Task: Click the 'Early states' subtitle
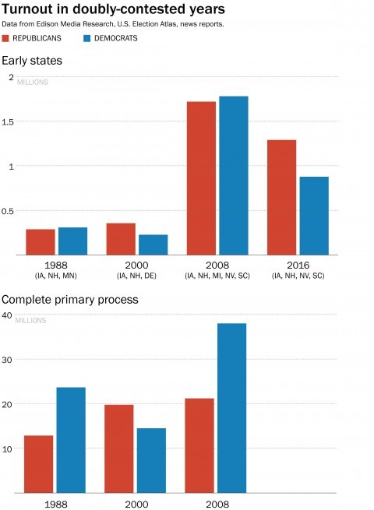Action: tap(32, 61)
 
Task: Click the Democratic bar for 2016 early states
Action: tap(314, 216)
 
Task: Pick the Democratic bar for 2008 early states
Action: tap(233, 175)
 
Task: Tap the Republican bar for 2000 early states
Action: tap(121, 239)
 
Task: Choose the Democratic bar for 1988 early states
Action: tap(72, 241)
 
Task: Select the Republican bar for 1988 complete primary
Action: tap(39, 464)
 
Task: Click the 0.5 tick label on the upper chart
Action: tap(9, 211)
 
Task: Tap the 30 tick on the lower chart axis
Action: tap(7, 360)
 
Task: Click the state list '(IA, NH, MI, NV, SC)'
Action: tap(217, 276)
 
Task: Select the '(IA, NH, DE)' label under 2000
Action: tap(136, 276)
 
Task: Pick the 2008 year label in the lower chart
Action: tap(217, 503)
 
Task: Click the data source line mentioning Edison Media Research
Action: tap(113, 24)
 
